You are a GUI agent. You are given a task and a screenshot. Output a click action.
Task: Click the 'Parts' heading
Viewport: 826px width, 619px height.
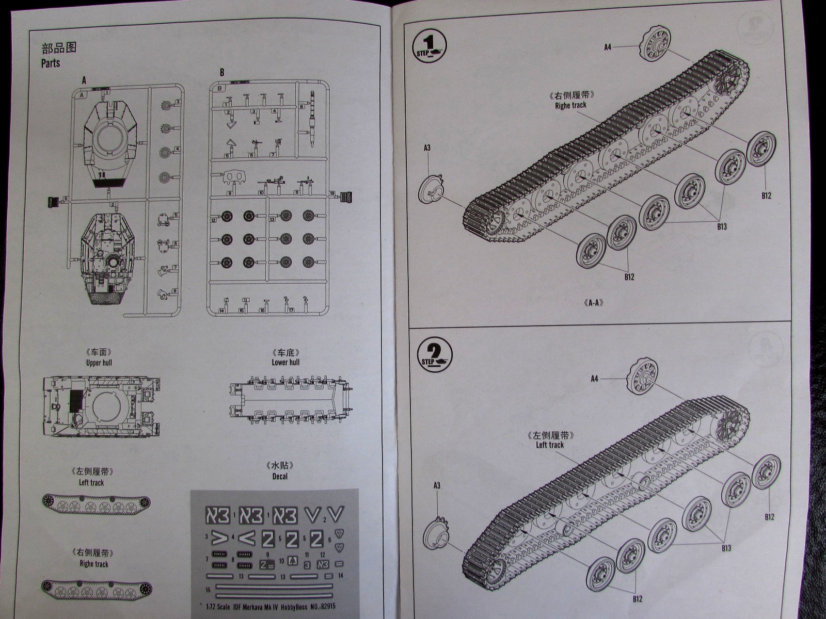point(51,63)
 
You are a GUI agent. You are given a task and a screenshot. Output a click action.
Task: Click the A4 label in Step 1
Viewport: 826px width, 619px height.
point(608,47)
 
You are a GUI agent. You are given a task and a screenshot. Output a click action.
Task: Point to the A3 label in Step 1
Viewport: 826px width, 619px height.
point(427,148)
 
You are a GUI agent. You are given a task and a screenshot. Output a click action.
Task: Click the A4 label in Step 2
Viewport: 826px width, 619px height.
point(595,379)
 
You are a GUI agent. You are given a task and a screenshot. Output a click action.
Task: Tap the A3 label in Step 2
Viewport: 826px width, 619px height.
point(437,485)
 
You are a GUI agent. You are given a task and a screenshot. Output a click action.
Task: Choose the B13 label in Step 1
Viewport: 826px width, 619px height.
point(721,226)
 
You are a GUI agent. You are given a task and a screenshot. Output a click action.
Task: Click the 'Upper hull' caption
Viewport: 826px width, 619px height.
point(99,363)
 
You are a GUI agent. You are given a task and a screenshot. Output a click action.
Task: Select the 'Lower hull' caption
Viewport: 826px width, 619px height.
point(285,362)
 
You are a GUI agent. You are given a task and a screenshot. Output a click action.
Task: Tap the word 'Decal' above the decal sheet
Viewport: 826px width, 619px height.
point(280,476)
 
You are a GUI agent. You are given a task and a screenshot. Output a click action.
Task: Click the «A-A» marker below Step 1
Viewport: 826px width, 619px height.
point(593,303)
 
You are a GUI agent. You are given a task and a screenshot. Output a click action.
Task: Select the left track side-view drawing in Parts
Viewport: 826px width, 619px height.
point(96,502)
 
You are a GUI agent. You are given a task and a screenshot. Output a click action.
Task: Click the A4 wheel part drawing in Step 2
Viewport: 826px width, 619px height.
point(645,377)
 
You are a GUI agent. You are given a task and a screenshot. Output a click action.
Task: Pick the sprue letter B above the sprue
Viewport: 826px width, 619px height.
point(222,73)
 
